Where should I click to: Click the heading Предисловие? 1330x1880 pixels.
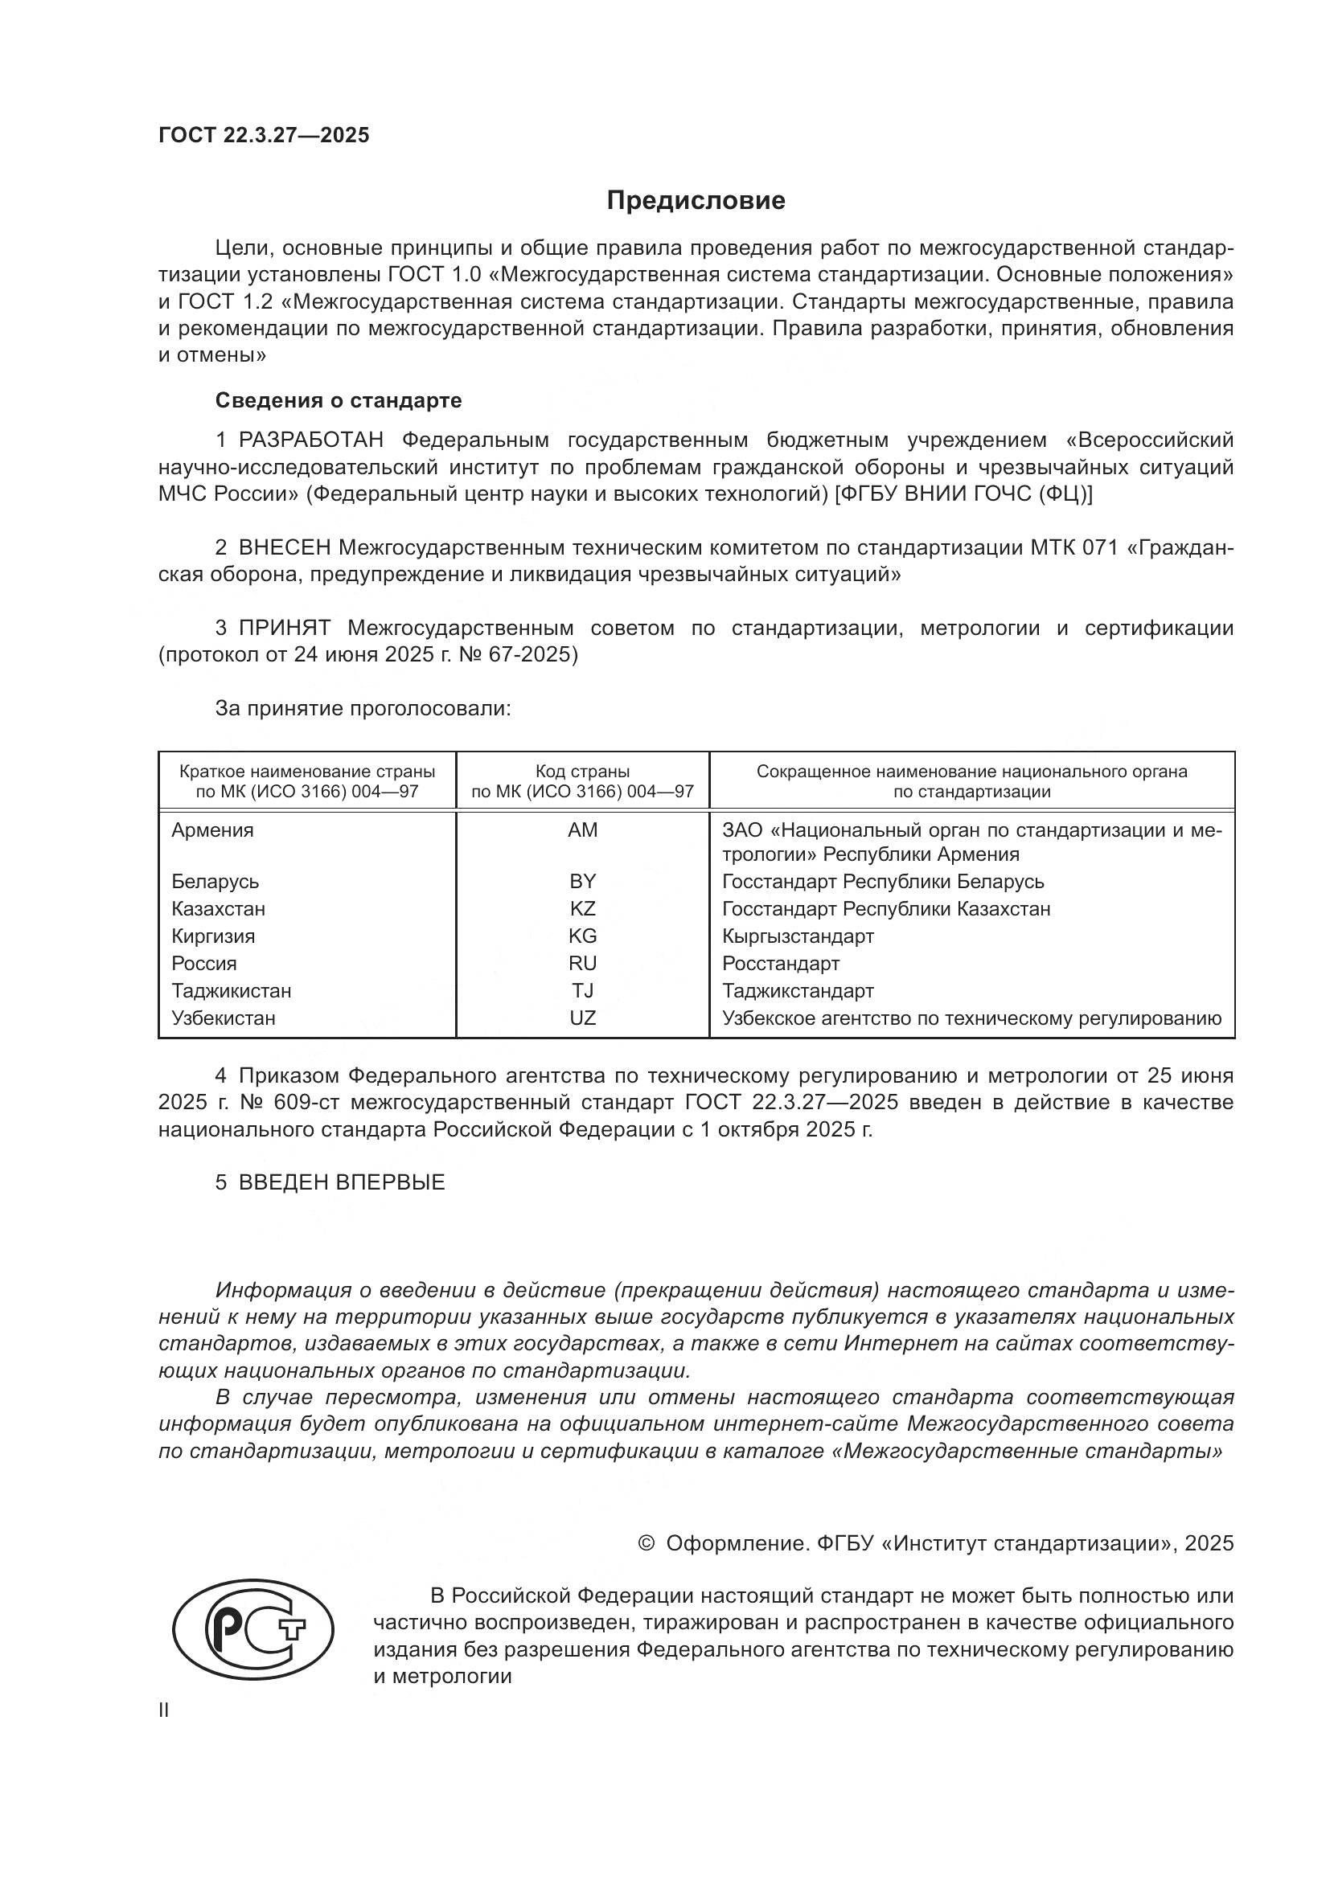pyautogui.click(x=696, y=201)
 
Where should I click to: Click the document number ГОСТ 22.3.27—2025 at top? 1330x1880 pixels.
pyautogui.click(x=264, y=135)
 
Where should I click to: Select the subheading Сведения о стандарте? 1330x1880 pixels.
pyautogui.click(x=339, y=400)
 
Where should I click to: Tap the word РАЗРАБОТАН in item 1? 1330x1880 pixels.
pyautogui.click(x=310, y=440)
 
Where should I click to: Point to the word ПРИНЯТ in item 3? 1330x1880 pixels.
pyautogui.click(x=284, y=628)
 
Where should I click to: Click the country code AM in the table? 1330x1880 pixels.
pyautogui.click(x=582, y=830)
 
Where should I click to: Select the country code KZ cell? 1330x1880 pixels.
pyautogui.click(x=582, y=909)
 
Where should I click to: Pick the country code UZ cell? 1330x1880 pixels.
pyautogui.click(x=582, y=1018)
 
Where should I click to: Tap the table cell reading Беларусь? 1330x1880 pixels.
pyautogui.click(x=216, y=882)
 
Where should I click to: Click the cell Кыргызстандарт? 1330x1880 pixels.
pyautogui.click(x=798, y=936)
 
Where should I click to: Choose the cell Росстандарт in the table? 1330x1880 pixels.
pyautogui.click(x=781, y=964)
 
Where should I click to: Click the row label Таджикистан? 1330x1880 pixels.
pyautogui.click(x=231, y=991)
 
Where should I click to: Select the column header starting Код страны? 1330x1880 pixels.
pyautogui.click(x=582, y=781)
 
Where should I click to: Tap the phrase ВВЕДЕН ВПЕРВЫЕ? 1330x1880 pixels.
pyautogui.click(x=342, y=1182)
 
